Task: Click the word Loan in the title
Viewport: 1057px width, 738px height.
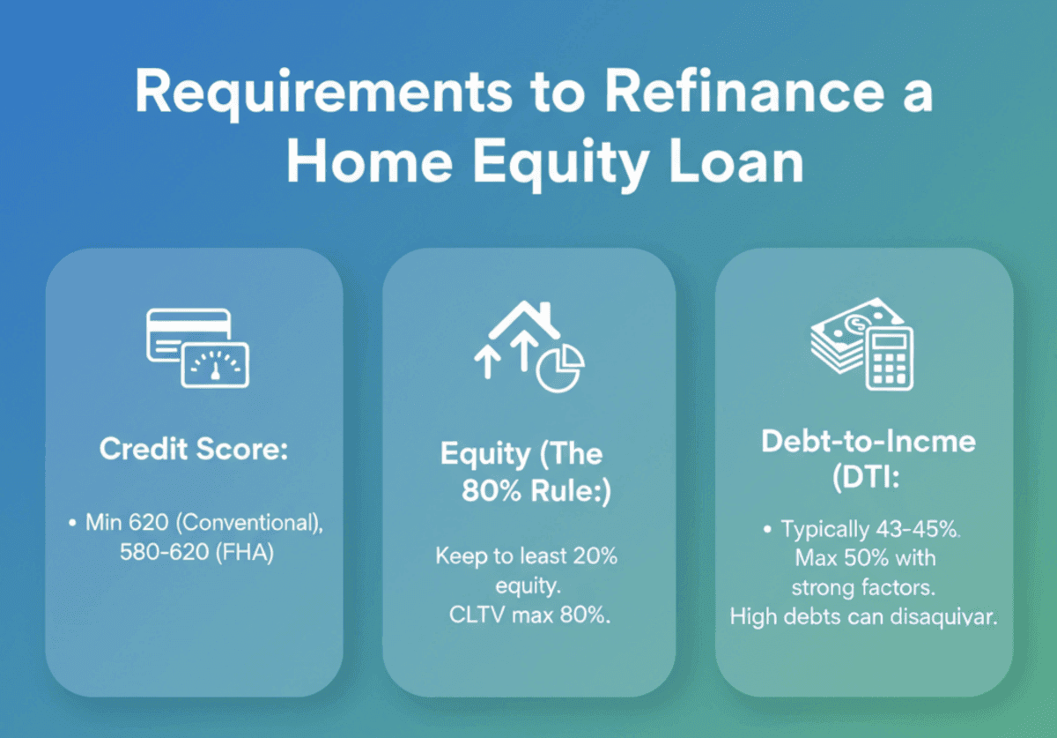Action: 736,160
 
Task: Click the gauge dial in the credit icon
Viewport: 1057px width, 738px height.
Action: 215,366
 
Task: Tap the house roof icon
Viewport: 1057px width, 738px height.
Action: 524,320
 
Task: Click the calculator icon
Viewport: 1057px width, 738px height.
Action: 889,359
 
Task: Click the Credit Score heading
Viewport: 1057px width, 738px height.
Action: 194,449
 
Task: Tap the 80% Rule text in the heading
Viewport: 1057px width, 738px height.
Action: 536,491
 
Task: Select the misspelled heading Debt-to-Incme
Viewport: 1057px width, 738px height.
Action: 869,443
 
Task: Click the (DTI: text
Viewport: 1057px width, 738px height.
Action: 866,478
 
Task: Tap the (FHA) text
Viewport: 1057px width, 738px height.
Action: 245,552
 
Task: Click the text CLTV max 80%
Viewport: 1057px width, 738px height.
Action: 529,615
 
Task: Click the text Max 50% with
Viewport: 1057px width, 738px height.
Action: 865,558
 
